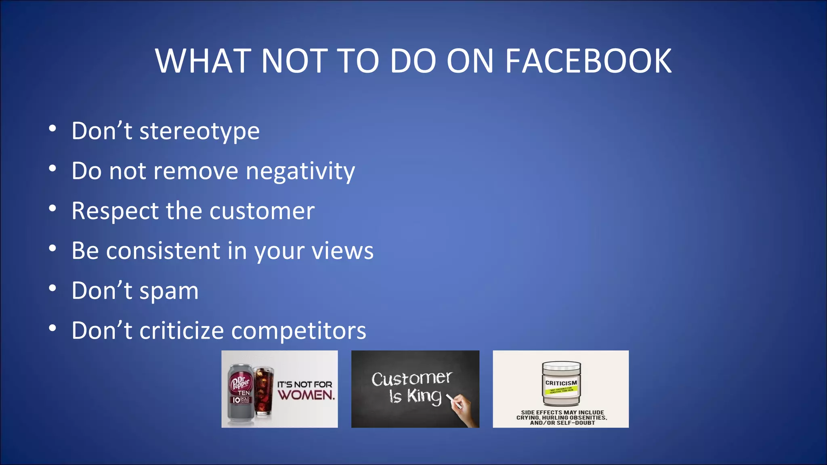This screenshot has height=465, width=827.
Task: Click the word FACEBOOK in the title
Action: pyautogui.click(x=588, y=61)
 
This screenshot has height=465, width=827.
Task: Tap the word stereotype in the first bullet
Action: pyautogui.click(x=199, y=131)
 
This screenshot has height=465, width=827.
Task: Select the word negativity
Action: pyautogui.click(x=300, y=171)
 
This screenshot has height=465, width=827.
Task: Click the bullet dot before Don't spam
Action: pyautogui.click(x=52, y=289)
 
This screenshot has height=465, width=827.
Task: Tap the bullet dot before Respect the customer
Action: pyautogui.click(x=52, y=209)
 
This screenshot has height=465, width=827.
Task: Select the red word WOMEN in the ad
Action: pyautogui.click(x=306, y=395)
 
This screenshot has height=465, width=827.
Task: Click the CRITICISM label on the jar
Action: pyautogui.click(x=561, y=383)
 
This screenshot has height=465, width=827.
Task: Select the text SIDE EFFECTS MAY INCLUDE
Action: pyautogui.click(x=563, y=412)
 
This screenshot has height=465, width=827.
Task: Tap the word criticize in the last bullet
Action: pyautogui.click(x=181, y=331)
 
